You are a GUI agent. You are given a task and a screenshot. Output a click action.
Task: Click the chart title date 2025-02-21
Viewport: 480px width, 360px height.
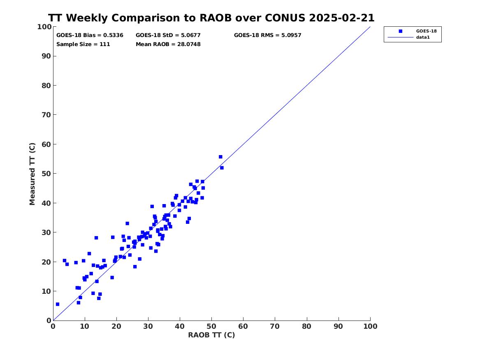pos(342,18)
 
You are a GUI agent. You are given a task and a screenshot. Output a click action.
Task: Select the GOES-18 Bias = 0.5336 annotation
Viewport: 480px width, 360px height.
pos(90,35)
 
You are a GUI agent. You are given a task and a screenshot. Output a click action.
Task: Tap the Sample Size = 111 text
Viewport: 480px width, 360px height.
pos(83,44)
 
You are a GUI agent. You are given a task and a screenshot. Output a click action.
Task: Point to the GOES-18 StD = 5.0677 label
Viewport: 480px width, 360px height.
pos(168,35)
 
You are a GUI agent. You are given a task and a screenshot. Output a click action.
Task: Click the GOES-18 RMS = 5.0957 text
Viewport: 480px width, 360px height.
pos(267,35)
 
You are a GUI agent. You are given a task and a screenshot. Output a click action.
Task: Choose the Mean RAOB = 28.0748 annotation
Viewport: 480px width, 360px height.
pos(168,44)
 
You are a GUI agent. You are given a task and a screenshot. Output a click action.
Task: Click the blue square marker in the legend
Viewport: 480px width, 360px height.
pos(400,31)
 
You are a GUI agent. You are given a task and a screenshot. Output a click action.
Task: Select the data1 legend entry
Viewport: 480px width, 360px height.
pos(423,37)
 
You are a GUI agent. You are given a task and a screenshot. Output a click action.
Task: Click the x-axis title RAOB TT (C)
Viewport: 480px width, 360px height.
pos(211,335)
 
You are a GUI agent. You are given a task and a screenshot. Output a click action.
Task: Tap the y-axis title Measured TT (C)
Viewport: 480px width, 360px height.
pos(32,174)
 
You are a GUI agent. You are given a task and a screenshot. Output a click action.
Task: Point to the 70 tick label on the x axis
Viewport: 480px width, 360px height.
pos(275,326)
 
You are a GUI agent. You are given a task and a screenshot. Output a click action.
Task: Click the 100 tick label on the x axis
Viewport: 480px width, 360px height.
pos(371,326)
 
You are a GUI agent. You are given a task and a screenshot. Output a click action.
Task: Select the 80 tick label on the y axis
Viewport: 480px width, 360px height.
pos(46,86)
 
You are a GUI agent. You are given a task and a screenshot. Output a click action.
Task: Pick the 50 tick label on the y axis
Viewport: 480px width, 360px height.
pos(46,174)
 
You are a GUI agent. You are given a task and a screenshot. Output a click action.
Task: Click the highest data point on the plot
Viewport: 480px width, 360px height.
pos(220,157)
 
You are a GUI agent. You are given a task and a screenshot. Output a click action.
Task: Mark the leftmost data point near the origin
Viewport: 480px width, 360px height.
pos(58,304)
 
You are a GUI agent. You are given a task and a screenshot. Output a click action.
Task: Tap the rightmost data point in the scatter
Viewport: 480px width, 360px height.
pos(222,168)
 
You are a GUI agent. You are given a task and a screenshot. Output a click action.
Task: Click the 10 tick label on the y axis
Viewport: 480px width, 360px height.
pos(46,291)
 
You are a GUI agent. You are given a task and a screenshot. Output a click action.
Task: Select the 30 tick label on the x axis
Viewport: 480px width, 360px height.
pos(148,326)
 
